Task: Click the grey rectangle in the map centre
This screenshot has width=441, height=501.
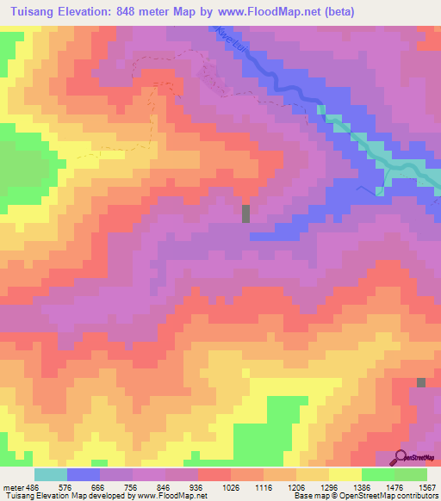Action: [245, 213]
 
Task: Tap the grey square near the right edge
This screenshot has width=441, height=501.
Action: [421, 382]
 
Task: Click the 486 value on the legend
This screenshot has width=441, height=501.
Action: [34, 486]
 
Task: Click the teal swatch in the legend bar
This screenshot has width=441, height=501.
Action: [50, 474]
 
